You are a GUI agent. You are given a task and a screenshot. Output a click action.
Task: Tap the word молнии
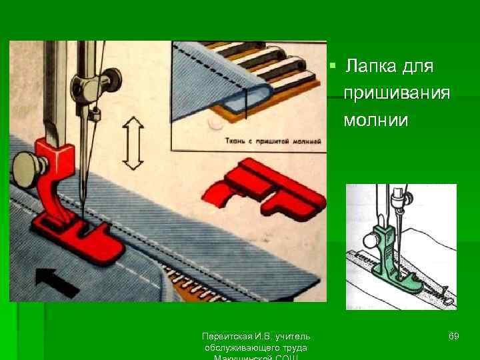pyautogui.click(x=375, y=120)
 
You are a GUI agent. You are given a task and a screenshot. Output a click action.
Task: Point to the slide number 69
pyautogui.click(x=453, y=336)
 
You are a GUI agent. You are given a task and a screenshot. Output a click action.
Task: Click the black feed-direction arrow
pyautogui.click(x=57, y=281)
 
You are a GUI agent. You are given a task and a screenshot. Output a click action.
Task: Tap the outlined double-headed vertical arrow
pyautogui.click(x=134, y=143)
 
